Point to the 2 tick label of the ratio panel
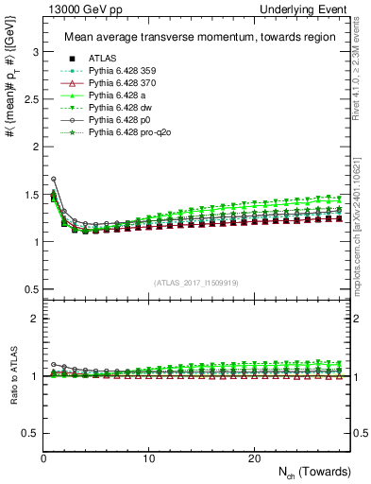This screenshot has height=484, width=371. (x=33, y=319)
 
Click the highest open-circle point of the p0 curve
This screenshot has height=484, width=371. (x=54, y=179)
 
